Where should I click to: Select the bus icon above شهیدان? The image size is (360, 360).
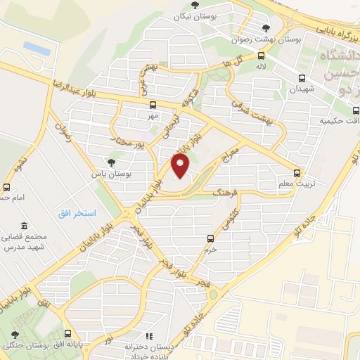(302, 79)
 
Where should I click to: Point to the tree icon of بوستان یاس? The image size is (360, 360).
(108, 161)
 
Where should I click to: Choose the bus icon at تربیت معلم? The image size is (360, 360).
(297, 173)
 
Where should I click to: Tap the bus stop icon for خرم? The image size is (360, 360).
(209, 239)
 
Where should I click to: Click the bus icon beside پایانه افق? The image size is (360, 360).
(68, 334)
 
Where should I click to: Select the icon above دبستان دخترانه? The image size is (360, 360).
(148, 337)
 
